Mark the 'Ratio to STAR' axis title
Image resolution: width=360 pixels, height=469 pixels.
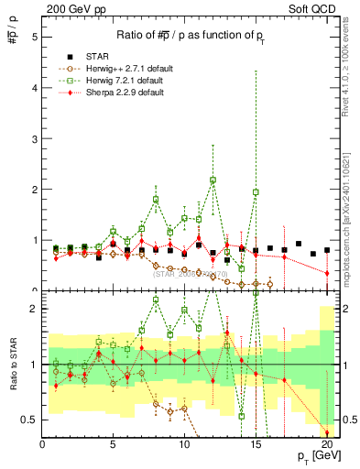click(x=12, y=365)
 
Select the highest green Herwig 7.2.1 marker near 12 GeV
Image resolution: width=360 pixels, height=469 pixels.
click(x=213, y=180)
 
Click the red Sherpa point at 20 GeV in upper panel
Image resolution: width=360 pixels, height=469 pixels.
click(x=327, y=273)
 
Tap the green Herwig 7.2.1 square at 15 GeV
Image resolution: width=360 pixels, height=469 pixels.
click(x=256, y=192)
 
